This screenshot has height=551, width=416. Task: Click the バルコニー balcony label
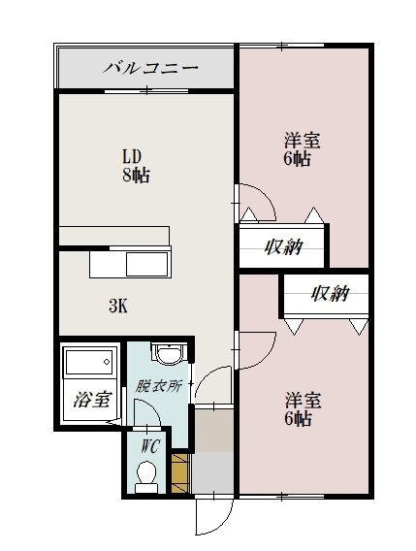[x=149, y=68]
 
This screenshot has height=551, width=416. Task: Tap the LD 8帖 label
[x=135, y=166]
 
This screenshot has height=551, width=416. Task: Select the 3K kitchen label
[x=117, y=307]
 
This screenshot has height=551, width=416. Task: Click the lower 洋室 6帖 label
[x=298, y=408]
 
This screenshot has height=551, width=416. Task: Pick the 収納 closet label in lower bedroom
[x=328, y=294]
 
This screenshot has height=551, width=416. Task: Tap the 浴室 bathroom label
[x=90, y=398]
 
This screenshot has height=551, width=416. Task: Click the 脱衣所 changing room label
[x=158, y=385]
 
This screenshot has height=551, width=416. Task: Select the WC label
[x=149, y=446]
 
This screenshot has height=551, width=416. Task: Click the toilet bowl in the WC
[x=147, y=475]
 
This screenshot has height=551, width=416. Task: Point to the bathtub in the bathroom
[x=89, y=366]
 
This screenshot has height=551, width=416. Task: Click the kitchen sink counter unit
[x=131, y=263]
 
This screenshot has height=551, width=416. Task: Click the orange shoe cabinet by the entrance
[x=179, y=472]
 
